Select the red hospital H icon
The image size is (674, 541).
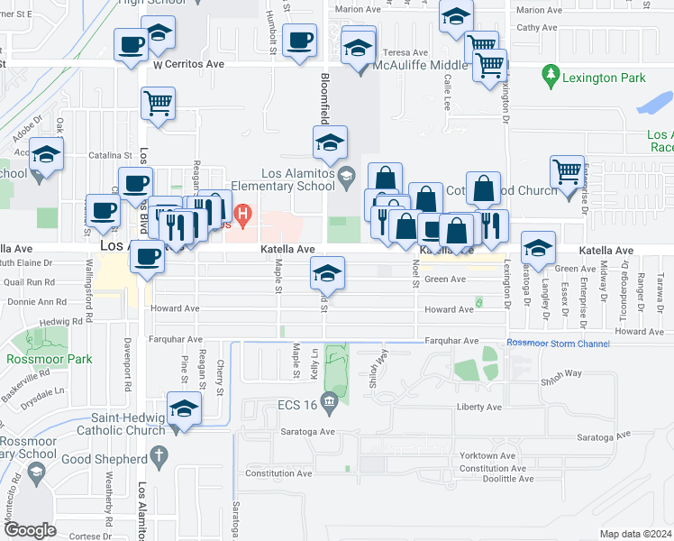point(241,214)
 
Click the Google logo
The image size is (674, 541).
point(31,530)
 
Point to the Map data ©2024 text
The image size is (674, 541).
point(634,534)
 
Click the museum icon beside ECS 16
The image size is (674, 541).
point(330,405)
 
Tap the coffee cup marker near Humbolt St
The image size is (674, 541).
point(299,41)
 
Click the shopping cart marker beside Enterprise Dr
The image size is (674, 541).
point(567,170)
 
